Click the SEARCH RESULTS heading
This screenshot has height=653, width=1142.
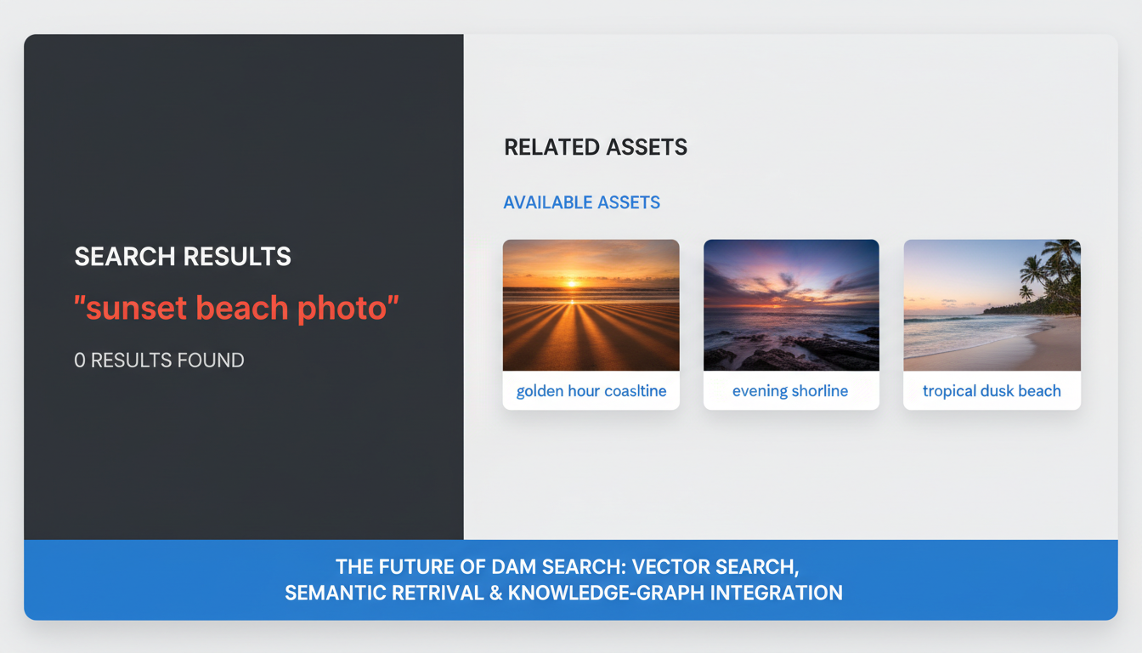click(183, 257)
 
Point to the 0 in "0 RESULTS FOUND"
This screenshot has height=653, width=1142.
click(80, 361)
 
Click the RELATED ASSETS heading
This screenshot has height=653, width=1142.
click(596, 147)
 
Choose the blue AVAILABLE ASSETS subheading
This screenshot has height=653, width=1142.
click(581, 202)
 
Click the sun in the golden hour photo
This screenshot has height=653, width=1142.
click(573, 282)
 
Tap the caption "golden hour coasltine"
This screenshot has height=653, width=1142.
click(591, 391)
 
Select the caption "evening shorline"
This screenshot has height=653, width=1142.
click(790, 391)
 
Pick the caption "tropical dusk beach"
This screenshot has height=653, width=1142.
click(992, 391)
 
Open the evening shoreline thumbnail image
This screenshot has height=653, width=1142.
click(791, 304)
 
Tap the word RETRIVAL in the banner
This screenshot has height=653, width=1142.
click(435, 593)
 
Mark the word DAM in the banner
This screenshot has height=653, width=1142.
click(512, 567)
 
